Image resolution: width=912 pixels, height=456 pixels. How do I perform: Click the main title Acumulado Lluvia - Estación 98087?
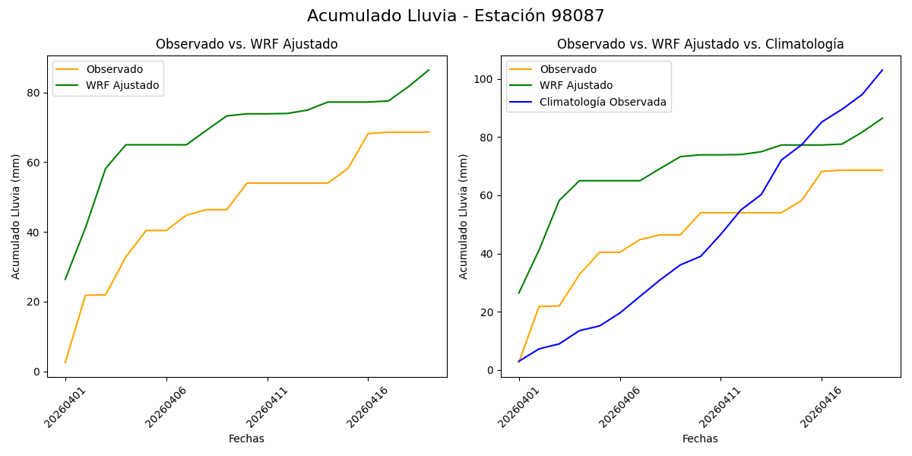456,16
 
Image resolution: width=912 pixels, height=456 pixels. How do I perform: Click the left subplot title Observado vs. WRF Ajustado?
247,44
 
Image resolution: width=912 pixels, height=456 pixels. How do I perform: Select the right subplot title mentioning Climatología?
700,44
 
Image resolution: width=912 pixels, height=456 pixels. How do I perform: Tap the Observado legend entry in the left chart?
114,70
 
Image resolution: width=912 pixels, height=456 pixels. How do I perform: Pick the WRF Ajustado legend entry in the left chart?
122,85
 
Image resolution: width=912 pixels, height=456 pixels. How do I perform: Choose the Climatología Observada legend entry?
603,102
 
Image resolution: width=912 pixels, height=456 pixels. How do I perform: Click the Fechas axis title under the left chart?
246,439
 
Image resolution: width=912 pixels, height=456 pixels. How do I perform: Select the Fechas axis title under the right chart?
700,439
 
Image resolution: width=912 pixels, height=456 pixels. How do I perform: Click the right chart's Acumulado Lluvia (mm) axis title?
464,217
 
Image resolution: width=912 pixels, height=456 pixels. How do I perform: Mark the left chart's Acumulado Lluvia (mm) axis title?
16,217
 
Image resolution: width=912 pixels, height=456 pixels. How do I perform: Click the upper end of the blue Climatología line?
882,70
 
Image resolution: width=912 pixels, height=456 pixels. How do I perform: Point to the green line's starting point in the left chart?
65,279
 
